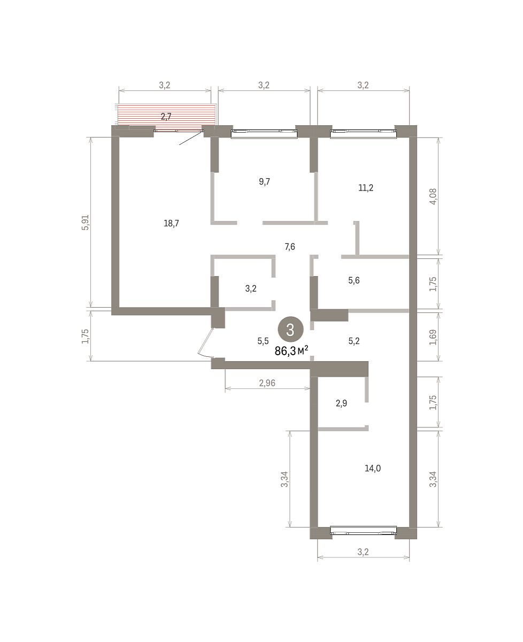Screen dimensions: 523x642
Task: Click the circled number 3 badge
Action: pos(290,329)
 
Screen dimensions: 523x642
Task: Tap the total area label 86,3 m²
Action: pos(291,351)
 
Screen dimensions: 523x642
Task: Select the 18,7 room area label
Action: pos(171,223)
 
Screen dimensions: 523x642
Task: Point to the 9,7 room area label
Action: pos(264,181)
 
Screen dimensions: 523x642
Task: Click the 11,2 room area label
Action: pos(366,188)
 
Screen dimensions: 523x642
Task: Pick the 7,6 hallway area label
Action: pos(290,247)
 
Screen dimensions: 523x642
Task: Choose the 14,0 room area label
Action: pos(373,468)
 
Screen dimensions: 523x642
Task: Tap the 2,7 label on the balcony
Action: pos(166,116)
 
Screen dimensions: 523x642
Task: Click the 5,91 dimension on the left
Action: pos(85,223)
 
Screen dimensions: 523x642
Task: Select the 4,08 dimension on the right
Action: pos(433,196)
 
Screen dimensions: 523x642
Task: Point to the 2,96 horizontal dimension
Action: pos(267,383)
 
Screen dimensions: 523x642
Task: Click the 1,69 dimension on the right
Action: pos(433,337)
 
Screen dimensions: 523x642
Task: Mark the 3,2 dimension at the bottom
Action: pos(363,552)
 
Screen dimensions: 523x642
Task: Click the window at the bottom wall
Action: pos(363,531)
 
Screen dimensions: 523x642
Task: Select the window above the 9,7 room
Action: pos(264,134)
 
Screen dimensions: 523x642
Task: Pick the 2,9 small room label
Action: pos(341,403)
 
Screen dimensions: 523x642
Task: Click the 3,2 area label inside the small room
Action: pos(251,288)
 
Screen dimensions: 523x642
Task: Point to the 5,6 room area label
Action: pos(354,280)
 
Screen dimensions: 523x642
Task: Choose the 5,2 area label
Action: pos(354,341)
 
